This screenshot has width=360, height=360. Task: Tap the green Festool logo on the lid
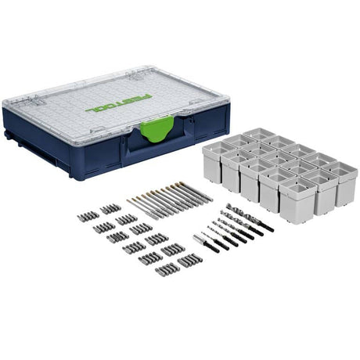tap(118, 104)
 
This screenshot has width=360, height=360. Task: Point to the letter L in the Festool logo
tap(90, 110)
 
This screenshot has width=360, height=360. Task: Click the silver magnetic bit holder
tap(198, 239)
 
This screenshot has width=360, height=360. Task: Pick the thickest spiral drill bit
tap(250, 218)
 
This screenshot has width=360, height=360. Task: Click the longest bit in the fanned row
tap(194, 192)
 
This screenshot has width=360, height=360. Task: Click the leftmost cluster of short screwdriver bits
tap(88, 217)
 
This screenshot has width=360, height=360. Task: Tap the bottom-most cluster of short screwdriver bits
tap(166, 270)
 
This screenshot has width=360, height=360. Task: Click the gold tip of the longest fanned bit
tap(178, 184)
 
